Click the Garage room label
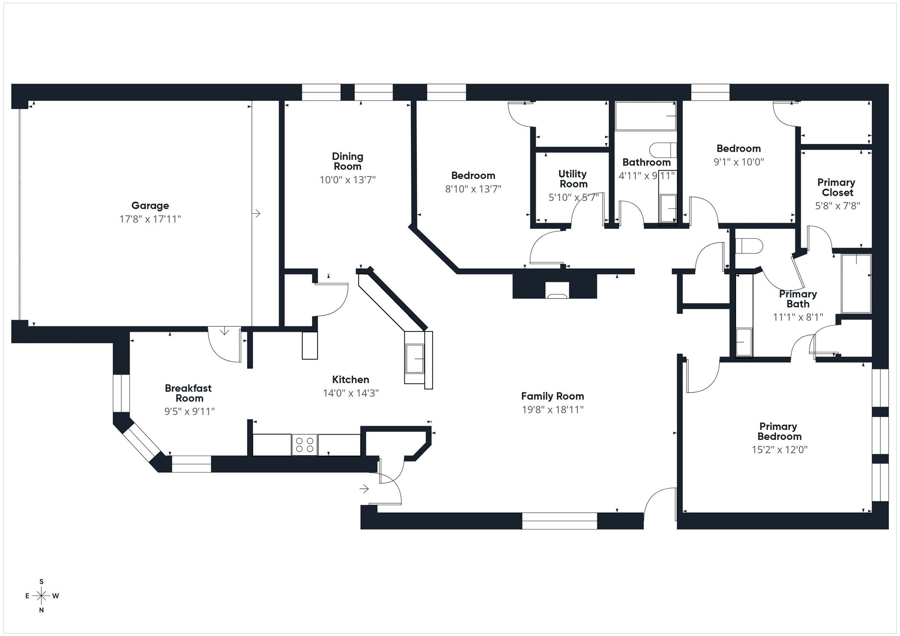(150, 206)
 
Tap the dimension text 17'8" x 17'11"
(150, 219)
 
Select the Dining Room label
(348, 161)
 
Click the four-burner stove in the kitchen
(305, 445)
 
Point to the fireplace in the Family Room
(557, 291)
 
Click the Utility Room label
(573, 179)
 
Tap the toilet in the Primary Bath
(750, 246)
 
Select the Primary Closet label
(836, 187)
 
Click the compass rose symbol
(41, 595)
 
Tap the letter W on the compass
(56, 596)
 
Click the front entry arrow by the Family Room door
(364, 489)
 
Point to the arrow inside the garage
(257, 213)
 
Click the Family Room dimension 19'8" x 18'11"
(552, 410)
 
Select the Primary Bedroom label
(779, 431)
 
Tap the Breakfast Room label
(188, 393)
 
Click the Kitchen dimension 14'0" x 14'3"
(351, 393)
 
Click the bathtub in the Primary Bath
(856, 284)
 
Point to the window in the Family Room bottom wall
(559, 521)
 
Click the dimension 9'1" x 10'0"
(739, 162)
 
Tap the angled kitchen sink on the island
(415, 359)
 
